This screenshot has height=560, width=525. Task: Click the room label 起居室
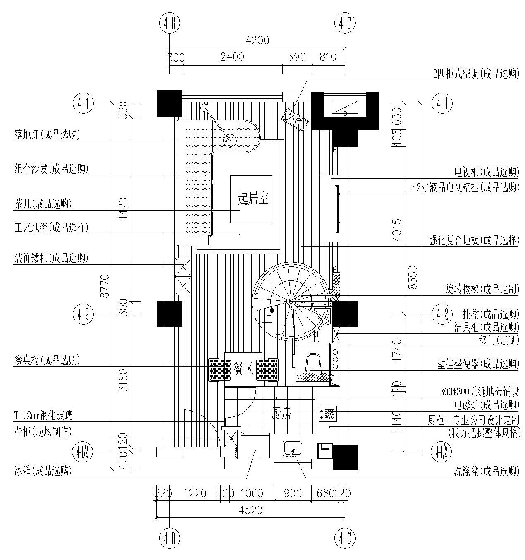point(253,199)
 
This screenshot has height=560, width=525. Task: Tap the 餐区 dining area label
point(243,369)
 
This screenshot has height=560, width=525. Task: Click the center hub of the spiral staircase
point(291,301)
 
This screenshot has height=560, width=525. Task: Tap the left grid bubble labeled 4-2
point(83,314)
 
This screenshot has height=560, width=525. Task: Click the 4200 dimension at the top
point(257,40)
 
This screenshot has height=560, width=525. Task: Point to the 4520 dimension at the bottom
point(251,510)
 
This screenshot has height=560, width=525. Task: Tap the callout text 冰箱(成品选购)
point(43,471)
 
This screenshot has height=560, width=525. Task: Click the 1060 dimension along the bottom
point(251,493)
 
